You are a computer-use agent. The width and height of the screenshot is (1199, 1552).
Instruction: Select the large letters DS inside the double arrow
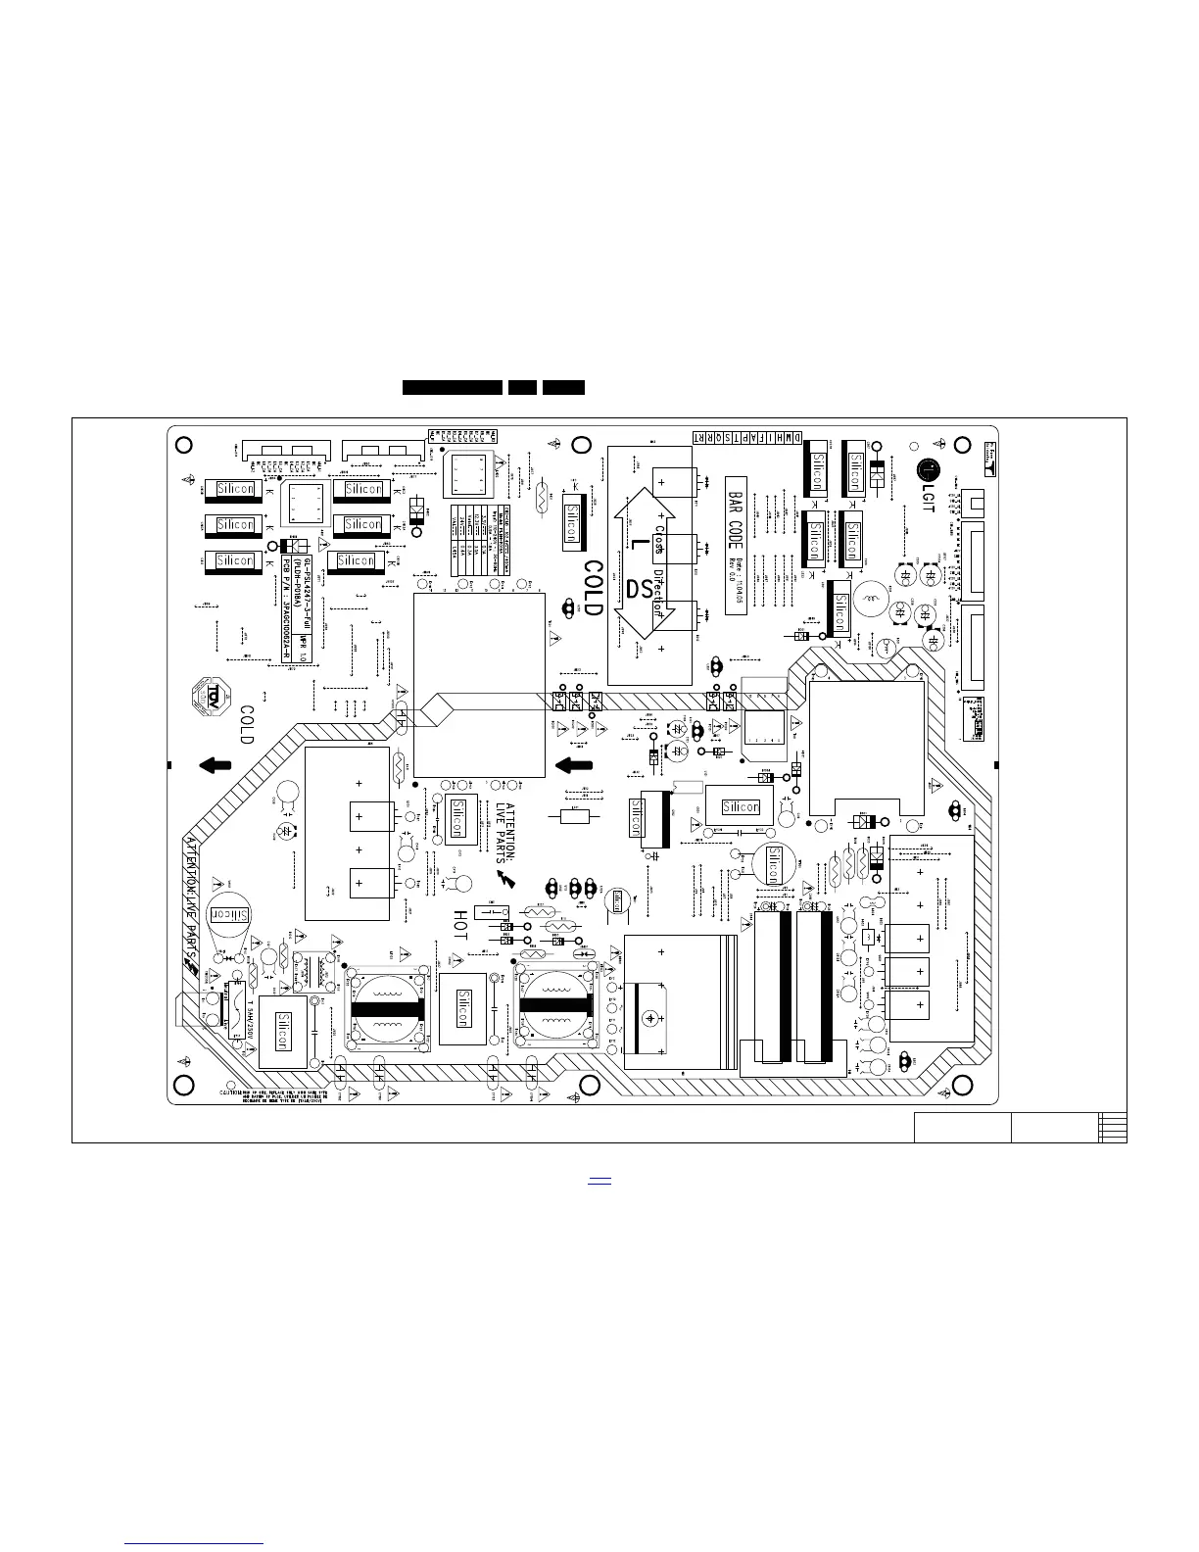640,591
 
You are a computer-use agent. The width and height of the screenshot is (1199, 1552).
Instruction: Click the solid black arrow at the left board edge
215,765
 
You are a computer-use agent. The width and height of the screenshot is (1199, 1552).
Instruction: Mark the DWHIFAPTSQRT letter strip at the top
749,436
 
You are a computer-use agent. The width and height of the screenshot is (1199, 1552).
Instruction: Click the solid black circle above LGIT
927,470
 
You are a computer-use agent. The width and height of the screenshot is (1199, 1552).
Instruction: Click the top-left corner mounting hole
182,444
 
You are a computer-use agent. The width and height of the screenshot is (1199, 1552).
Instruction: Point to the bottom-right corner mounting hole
962,1085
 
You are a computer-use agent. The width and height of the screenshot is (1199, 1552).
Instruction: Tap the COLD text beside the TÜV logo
247,725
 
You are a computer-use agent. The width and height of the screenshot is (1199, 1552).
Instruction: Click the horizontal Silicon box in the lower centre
740,806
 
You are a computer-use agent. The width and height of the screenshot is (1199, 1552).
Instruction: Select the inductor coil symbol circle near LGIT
868,599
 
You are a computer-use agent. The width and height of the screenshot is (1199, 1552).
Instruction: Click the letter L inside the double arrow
638,542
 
